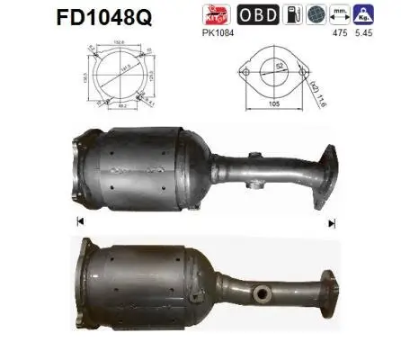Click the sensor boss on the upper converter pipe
coord(254,187)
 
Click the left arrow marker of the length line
coord(79,221)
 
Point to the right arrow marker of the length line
coord(332,221)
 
